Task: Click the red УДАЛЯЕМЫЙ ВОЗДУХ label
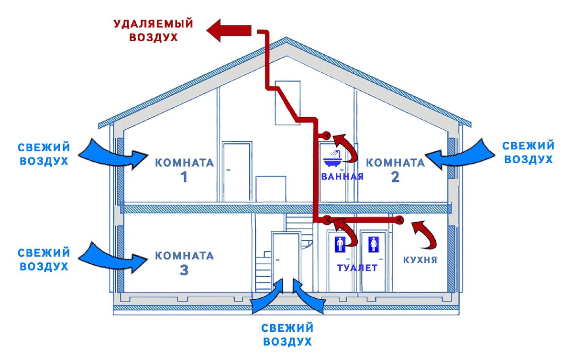(154, 30)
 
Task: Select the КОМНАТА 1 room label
(184, 170)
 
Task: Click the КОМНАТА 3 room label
(184, 263)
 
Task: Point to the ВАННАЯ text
(342, 176)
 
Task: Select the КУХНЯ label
(420, 259)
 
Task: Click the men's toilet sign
(340, 244)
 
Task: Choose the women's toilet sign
(373, 244)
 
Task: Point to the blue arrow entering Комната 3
(112, 257)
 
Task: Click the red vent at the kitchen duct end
(399, 220)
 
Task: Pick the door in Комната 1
(236, 171)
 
